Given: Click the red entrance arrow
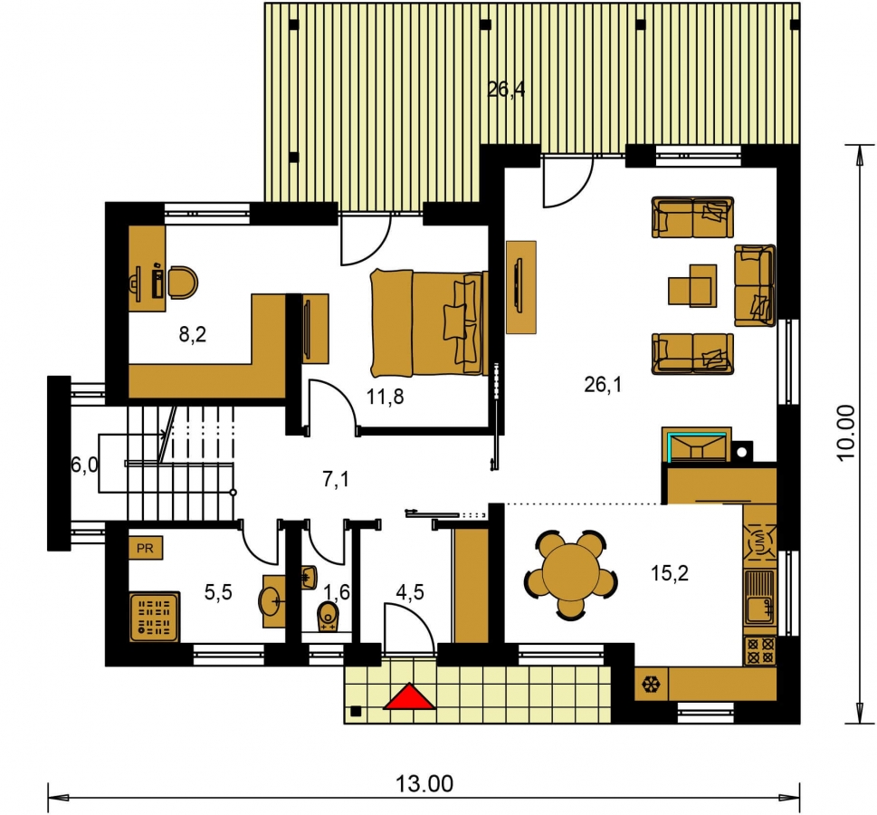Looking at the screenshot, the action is coord(409,696).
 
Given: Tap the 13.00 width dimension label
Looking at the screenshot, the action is coord(424,784).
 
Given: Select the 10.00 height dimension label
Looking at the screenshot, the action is coord(846,433).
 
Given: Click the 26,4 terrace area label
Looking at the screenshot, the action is coord(506,90).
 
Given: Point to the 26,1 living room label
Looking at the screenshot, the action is coord(603,385).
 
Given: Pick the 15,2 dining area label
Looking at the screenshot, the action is coord(670,573).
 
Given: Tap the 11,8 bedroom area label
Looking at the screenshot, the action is coord(385,397).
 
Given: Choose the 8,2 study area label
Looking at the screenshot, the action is coord(193,335).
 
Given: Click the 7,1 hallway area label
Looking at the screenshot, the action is coord(336,479).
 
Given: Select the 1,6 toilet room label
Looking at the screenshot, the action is coord(337,591).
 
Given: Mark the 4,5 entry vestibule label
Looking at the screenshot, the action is coord(410,591).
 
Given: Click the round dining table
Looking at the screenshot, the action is coord(571,575).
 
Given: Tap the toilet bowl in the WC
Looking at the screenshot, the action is coord(329,617).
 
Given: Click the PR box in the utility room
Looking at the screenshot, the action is coord(146,548).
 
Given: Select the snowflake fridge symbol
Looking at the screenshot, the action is coord(652,684).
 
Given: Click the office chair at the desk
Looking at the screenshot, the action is coord(183,283).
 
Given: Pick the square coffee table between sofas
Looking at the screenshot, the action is coord(693,285).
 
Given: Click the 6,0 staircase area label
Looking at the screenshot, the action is coord(85,465).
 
